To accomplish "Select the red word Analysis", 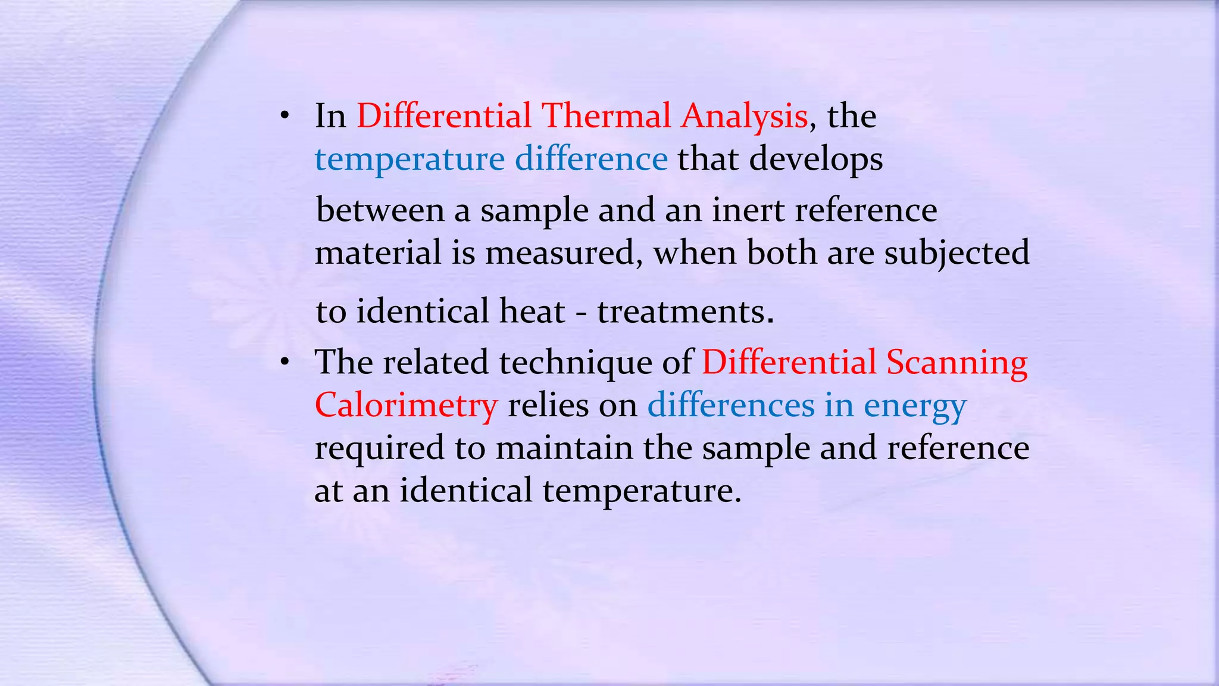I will click(x=744, y=117).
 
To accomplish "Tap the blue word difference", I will click(x=591, y=159).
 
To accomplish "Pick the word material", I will click(x=377, y=252).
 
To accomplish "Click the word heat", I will click(x=532, y=311).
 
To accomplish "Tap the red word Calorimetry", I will click(x=405, y=406).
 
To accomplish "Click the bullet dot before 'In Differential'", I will click(x=285, y=117).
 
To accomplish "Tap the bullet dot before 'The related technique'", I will click(x=285, y=362).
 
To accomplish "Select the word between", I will click(x=380, y=210).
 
